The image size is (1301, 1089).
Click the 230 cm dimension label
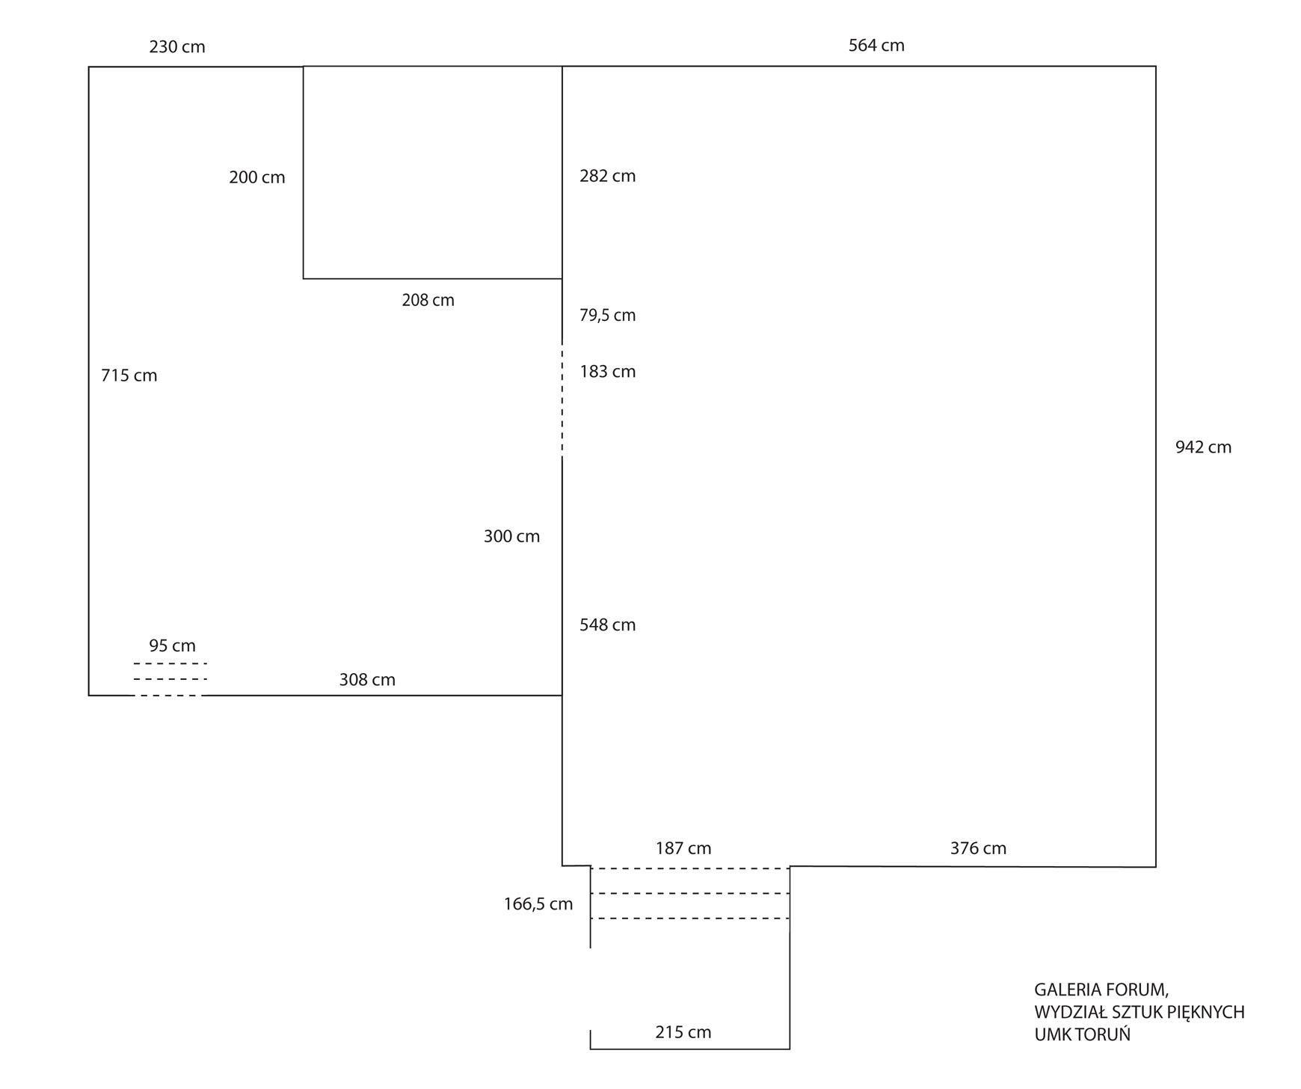(x=177, y=47)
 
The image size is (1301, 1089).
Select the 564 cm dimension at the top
(x=876, y=46)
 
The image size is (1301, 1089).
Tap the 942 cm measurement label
(x=1203, y=447)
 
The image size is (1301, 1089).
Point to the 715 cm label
(x=129, y=375)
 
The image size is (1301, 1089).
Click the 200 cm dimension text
(x=257, y=178)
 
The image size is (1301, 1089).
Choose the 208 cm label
(x=428, y=301)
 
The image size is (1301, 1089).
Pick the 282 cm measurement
(x=607, y=177)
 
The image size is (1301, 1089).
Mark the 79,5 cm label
(x=607, y=316)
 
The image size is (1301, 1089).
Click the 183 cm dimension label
(x=607, y=372)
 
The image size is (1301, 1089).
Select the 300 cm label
(x=511, y=536)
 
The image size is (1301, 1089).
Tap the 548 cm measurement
(x=607, y=625)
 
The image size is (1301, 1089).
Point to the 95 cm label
(x=172, y=645)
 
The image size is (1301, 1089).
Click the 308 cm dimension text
(x=367, y=680)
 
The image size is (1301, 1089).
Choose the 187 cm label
(x=683, y=849)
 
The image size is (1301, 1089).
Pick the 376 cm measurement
(x=978, y=849)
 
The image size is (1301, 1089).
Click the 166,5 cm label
(x=538, y=904)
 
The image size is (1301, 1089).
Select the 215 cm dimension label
(x=683, y=1033)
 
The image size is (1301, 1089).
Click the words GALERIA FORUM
(x=1101, y=990)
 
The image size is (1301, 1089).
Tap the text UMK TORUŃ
(x=1082, y=1035)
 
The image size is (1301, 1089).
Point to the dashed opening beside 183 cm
(x=562, y=401)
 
